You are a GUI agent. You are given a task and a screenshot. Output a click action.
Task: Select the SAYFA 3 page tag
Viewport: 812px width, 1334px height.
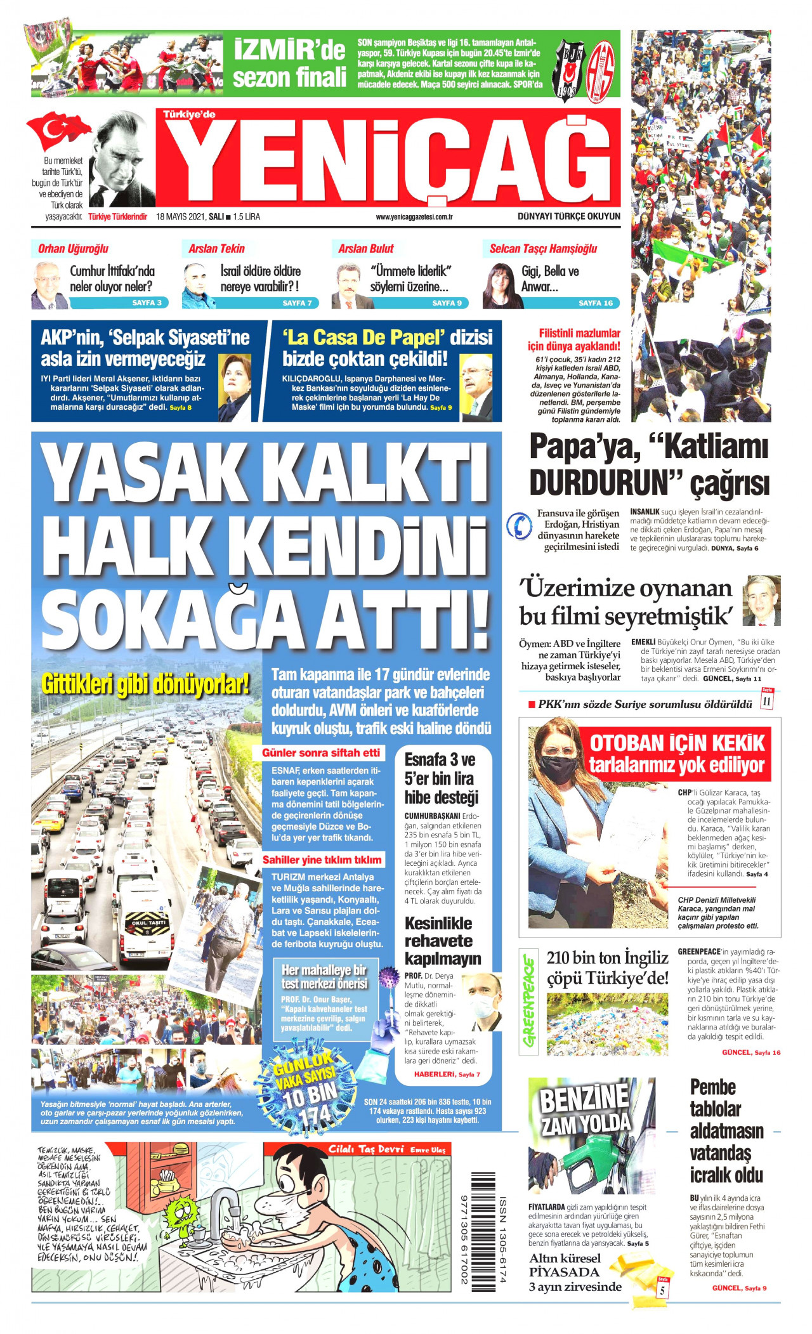click(147, 303)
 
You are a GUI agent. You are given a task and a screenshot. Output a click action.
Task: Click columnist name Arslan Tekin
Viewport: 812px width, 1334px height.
click(216, 249)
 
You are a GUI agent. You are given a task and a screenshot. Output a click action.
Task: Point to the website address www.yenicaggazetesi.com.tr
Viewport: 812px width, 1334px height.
click(414, 217)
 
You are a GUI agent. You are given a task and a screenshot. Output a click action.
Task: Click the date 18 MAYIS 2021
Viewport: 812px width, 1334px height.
click(180, 217)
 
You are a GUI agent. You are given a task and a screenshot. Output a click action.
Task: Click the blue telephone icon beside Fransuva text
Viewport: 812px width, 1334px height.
click(520, 526)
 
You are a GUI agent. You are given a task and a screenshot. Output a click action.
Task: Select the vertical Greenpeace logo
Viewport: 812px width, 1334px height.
click(528, 1002)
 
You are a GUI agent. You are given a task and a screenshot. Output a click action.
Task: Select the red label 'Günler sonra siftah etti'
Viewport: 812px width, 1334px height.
click(321, 752)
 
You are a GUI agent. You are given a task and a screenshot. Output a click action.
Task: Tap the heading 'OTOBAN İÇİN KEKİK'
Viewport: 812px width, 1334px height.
click(678, 743)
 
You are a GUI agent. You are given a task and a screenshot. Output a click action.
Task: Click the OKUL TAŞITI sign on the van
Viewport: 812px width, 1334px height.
click(148, 923)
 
